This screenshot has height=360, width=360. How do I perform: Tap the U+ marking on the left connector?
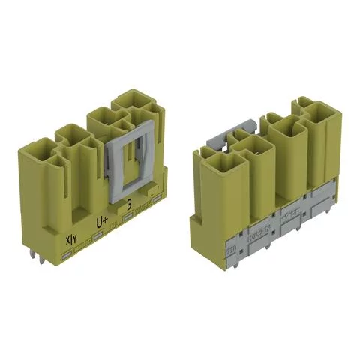tap(102, 222)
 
